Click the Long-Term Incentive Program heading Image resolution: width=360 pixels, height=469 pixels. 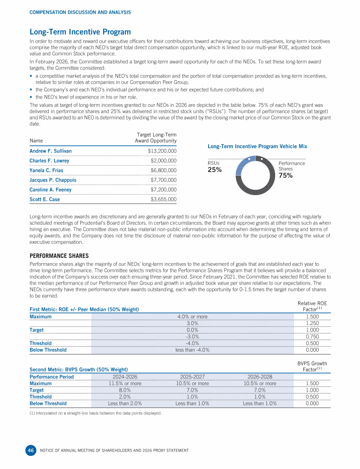(x=80, y=32)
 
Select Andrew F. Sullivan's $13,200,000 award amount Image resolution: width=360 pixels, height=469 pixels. (x=162, y=151)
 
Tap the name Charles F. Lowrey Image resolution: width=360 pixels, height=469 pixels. (x=49, y=161)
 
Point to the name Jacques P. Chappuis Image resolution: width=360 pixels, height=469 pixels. (x=53, y=180)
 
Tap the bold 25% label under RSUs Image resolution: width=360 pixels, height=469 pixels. (x=214, y=170)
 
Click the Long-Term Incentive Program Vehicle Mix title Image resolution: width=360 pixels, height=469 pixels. (x=257, y=146)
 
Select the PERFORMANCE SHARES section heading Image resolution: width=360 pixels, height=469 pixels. (x=59, y=256)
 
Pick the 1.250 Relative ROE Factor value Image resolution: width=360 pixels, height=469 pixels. (x=312, y=323)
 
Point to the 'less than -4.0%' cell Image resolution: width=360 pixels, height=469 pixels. (x=192, y=350)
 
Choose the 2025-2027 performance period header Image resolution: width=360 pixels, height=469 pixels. (x=192, y=377)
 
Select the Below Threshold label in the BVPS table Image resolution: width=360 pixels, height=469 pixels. (x=48, y=403)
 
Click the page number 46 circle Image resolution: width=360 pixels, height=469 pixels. (x=30, y=450)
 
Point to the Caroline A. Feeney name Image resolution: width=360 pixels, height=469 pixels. (x=52, y=189)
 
